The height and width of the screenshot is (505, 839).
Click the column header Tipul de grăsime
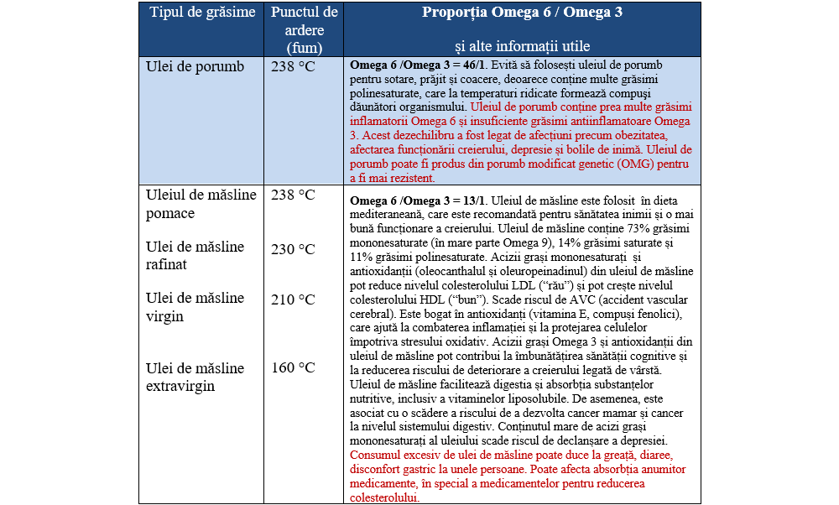202,13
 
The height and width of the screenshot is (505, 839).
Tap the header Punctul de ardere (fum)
304,30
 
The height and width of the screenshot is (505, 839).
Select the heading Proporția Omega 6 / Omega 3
522,13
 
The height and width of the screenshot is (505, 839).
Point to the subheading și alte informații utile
522,46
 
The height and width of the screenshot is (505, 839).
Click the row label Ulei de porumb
195,67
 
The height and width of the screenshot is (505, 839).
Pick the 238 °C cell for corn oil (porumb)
293,67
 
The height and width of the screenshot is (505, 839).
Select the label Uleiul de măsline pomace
201,204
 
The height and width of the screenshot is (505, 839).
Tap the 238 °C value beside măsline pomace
293,195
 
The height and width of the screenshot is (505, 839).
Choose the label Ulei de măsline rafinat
195,255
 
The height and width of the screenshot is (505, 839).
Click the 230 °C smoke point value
293,249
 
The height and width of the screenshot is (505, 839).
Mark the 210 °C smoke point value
293,299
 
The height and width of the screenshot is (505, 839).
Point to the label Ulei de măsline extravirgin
195,377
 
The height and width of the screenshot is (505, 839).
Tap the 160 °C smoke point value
293,368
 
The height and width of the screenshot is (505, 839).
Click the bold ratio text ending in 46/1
417,65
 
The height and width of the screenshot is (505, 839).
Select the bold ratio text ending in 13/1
417,201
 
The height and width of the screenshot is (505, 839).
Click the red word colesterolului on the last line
384,498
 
